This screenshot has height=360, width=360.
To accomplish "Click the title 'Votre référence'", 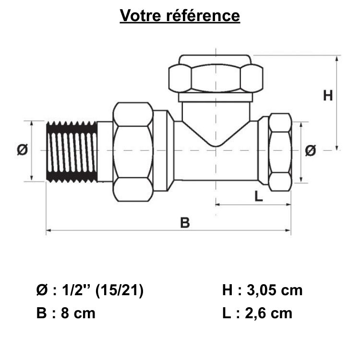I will (180, 15).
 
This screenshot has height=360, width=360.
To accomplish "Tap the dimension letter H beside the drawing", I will (328, 96).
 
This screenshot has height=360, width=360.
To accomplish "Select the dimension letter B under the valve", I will (185, 222).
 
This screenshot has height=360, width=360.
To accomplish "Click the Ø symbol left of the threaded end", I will (22, 150).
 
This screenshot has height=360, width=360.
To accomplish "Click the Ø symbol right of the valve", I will (311, 150).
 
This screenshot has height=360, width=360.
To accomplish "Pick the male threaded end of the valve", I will (72, 151).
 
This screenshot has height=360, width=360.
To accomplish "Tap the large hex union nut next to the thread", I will (133, 151).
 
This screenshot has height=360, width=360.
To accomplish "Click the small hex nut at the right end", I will (280, 151).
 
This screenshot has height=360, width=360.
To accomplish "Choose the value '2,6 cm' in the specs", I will (269, 313).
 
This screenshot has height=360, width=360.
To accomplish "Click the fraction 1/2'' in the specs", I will (77, 290).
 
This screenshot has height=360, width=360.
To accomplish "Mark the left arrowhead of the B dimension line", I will (48, 231).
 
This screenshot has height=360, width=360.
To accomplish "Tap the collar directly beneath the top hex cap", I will (216, 97).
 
